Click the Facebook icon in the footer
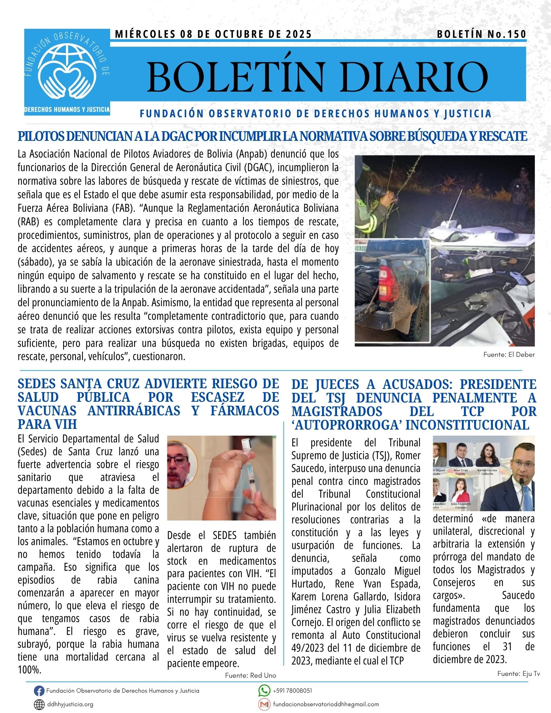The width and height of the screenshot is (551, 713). point(39,691)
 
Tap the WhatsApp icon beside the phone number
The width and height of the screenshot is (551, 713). point(264,691)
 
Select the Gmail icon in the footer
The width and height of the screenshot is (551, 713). point(264,704)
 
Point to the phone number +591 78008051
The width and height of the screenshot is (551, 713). point(292,691)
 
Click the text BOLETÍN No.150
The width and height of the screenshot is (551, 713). point(481,34)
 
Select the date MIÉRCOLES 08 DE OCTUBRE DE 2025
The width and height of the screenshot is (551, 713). point(213,34)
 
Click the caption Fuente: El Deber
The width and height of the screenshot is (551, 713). point(509,355)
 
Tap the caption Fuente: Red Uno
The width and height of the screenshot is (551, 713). point(250,675)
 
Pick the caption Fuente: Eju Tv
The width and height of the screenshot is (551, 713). point(519,673)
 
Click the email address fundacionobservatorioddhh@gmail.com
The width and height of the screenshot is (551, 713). point(326,704)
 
